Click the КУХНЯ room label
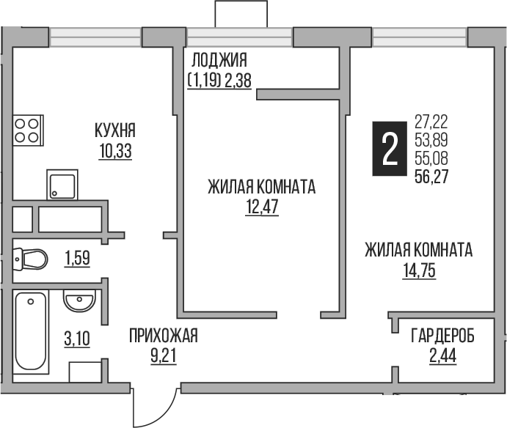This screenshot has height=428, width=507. click(x=115, y=132)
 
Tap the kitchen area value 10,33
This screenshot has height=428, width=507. click(x=115, y=152)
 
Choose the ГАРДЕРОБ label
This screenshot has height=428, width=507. click(x=442, y=336)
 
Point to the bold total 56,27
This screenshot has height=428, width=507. click(x=431, y=174)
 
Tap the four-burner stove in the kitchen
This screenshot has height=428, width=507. click(x=27, y=130)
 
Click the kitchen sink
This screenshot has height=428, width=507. click(x=62, y=184)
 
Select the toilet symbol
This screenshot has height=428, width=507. click(x=32, y=259)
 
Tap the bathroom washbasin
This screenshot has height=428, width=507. click(x=78, y=301)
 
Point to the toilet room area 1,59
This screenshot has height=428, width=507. click(x=77, y=259)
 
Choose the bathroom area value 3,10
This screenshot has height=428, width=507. click(x=77, y=339)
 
